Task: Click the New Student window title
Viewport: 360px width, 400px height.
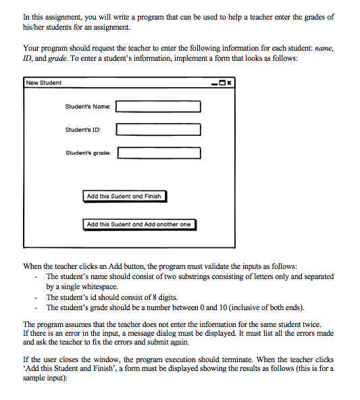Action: [44, 83]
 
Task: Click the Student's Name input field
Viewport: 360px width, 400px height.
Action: [159, 107]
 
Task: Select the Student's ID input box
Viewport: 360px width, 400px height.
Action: [159, 130]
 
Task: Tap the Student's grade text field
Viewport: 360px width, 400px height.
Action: [160, 153]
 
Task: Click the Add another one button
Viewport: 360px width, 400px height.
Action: [139, 224]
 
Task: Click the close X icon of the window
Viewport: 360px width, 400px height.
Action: [230, 83]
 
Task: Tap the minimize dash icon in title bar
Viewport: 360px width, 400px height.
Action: [214, 83]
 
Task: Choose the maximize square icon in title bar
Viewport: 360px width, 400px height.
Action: [222, 83]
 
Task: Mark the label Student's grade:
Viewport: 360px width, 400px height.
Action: [88, 153]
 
